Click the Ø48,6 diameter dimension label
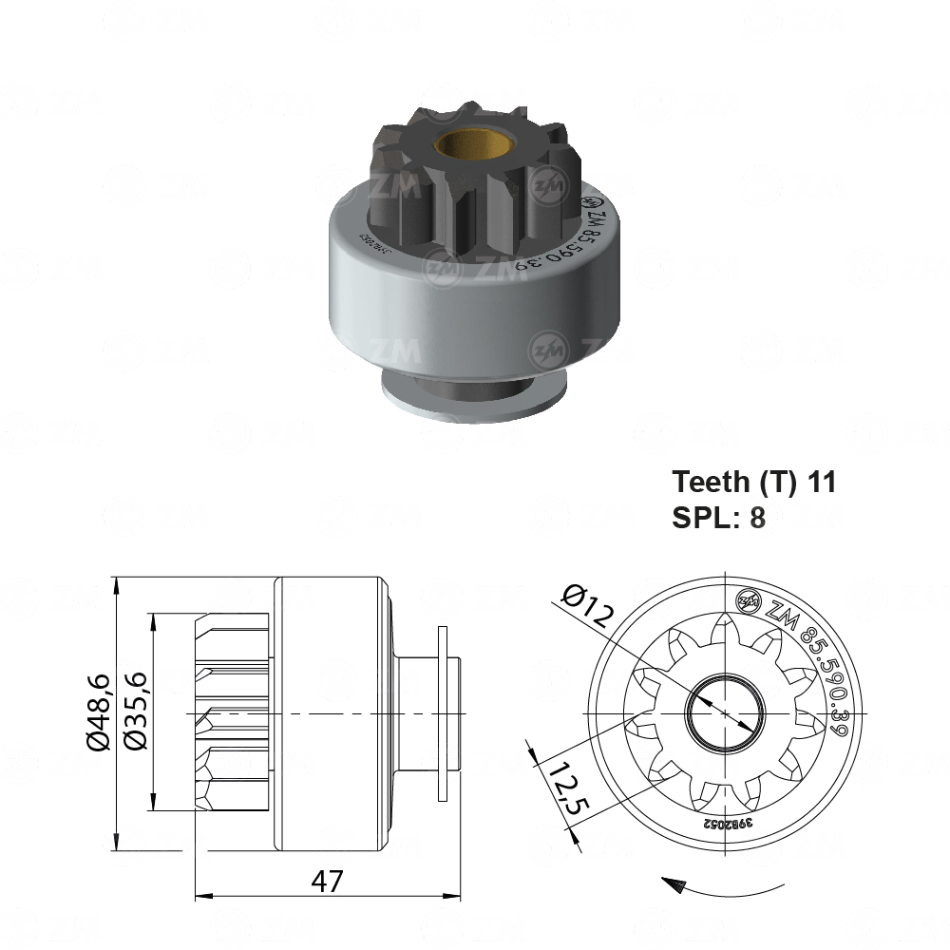click(x=99, y=712)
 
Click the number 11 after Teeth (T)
click(x=821, y=482)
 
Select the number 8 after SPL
click(x=757, y=520)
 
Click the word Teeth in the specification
click(x=711, y=482)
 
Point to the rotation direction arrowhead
click(x=674, y=885)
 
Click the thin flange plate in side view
click(x=442, y=712)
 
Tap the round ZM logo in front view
click(x=749, y=600)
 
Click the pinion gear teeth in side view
click(x=232, y=712)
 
